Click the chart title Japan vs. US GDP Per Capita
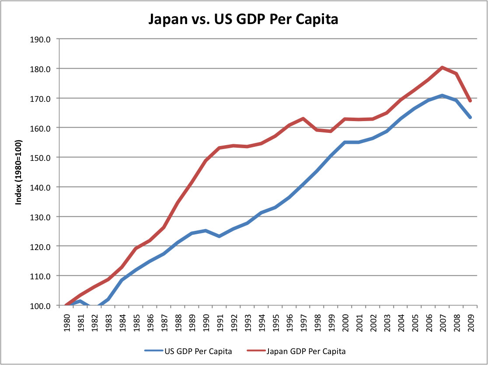click(243, 20)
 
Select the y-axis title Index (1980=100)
click(18, 172)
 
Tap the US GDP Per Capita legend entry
click(188, 351)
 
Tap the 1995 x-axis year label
click(275, 322)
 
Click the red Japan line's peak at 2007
click(442, 67)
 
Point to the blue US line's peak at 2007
click(442, 95)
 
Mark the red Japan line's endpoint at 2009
click(470, 101)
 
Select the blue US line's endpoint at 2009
click(470, 117)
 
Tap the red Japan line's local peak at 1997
click(303, 118)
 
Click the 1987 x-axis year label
click(164, 322)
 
